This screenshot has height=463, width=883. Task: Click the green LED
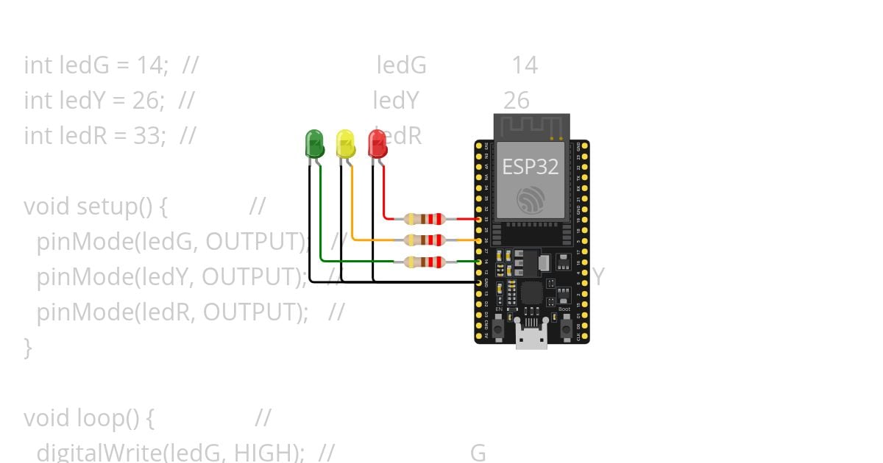314,143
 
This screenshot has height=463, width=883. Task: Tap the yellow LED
345,143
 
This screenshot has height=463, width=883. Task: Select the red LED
377,143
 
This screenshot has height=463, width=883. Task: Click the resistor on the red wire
425,218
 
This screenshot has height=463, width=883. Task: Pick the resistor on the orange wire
425,240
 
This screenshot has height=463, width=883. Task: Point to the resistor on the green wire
425,261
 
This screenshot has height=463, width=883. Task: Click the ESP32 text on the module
531,167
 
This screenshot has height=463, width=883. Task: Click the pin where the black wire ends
479,282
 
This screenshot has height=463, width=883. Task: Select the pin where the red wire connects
479,219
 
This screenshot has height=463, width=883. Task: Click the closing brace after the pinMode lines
28,347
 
